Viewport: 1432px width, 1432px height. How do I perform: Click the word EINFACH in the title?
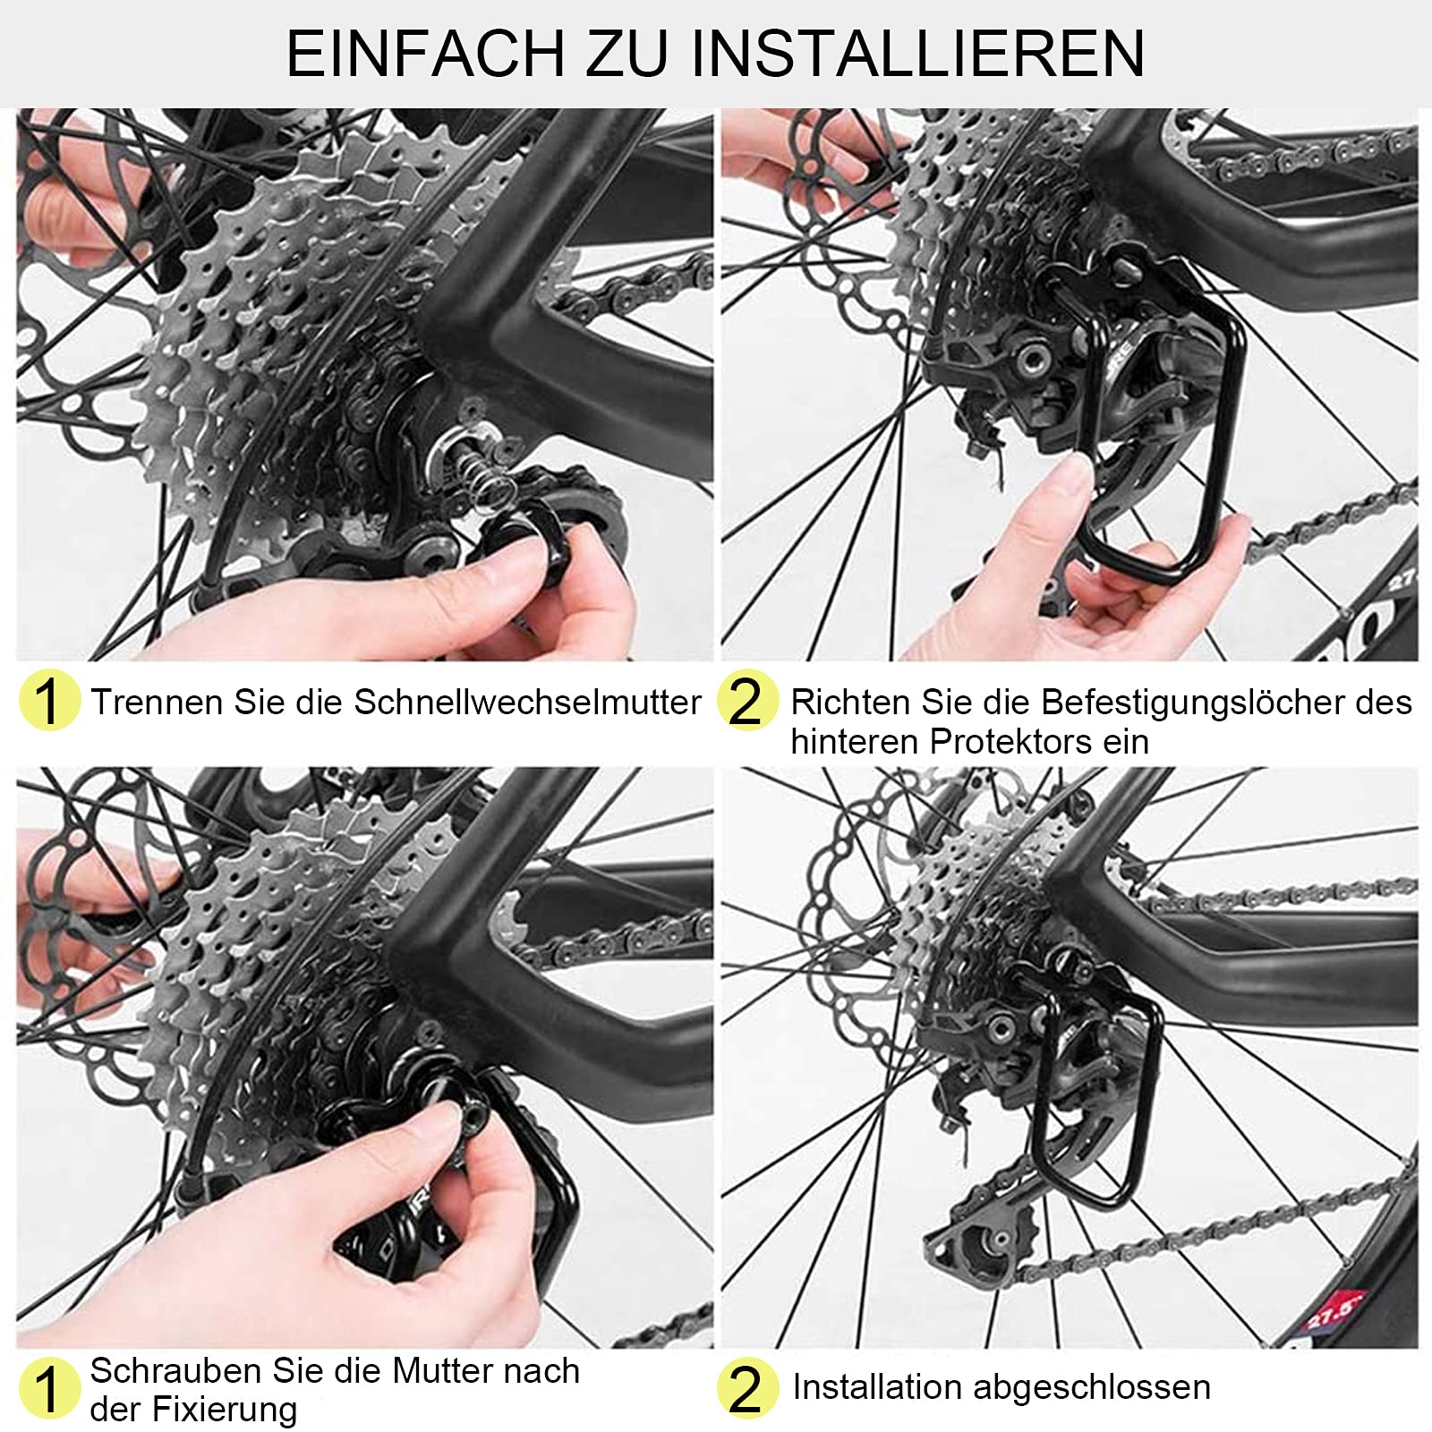pos(425,54)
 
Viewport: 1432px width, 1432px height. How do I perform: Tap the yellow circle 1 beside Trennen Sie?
pos(48,701)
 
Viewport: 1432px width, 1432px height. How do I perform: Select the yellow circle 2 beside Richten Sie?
pos(746,701)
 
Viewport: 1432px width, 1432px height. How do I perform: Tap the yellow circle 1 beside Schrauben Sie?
pos(48,1388)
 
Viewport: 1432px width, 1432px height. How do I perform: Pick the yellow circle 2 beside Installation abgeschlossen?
pos(746,1388)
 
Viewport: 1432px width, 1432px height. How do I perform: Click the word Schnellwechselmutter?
pos(527,703)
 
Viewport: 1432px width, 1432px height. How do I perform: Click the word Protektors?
pos(1010,742)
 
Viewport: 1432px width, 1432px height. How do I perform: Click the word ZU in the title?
pos(626,54)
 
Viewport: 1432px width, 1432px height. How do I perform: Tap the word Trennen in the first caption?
pos(158,703)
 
